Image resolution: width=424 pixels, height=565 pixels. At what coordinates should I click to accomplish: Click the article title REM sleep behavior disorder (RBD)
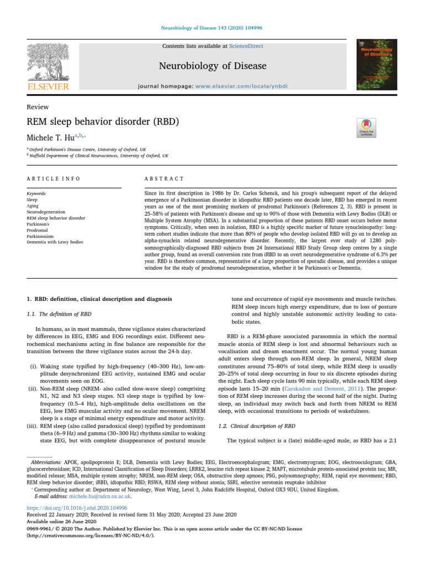click(103, 121)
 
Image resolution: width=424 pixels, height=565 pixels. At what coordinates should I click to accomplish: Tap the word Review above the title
click(38, 106)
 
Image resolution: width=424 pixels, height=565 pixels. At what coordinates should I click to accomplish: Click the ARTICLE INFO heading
click(54, 179)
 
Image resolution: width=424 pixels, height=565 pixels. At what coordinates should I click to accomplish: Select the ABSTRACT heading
click(164, 179)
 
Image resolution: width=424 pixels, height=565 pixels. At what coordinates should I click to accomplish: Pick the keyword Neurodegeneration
click(46, 212)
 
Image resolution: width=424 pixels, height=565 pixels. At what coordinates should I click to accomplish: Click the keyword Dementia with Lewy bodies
click(55, 242)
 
